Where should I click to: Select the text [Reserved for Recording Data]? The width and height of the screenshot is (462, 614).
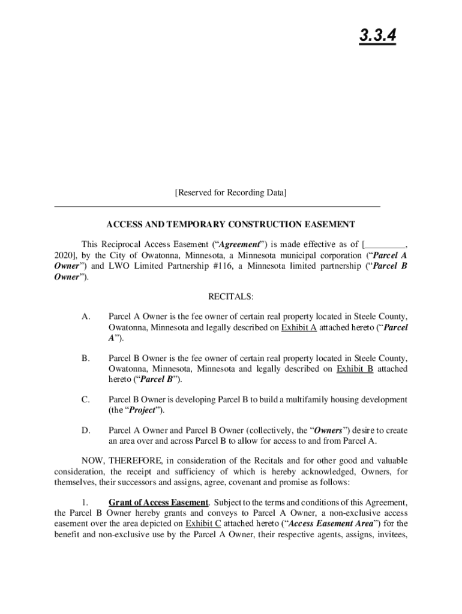coord(230,193)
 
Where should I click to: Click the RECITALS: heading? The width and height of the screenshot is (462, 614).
coord(230,297)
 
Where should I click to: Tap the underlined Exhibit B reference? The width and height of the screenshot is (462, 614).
coord(355,369)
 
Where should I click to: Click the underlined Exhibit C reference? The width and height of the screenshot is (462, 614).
coord(203,523)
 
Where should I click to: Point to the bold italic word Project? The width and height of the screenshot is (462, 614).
coord(142,410)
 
